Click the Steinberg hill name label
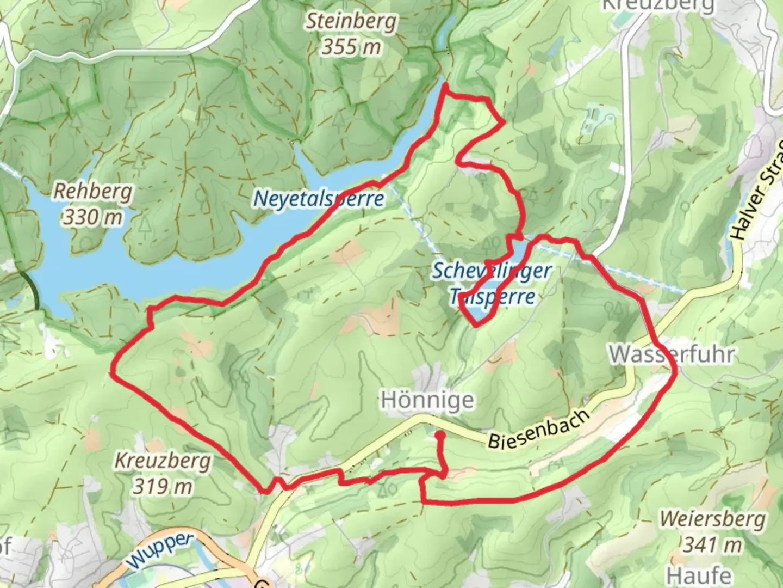tap(351, 21)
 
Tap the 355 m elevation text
tap(351, 47)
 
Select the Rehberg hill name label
tap(93, 192)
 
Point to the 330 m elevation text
tap(93, 217)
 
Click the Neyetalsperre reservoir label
tap(319, 199)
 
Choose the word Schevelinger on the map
tap(492, 271)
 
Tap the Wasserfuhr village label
tap(672, 354)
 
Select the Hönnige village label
tap(427, 400)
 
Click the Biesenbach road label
tap(538, 428)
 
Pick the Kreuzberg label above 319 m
tap(163, 461)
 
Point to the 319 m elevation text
tap(163, 486)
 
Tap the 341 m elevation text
tap(712, 544)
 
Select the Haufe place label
tap(699, 575)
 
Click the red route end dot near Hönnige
tap(439, 436)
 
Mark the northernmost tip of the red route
tap(445, 85)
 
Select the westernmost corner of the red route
tap(111, 373)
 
